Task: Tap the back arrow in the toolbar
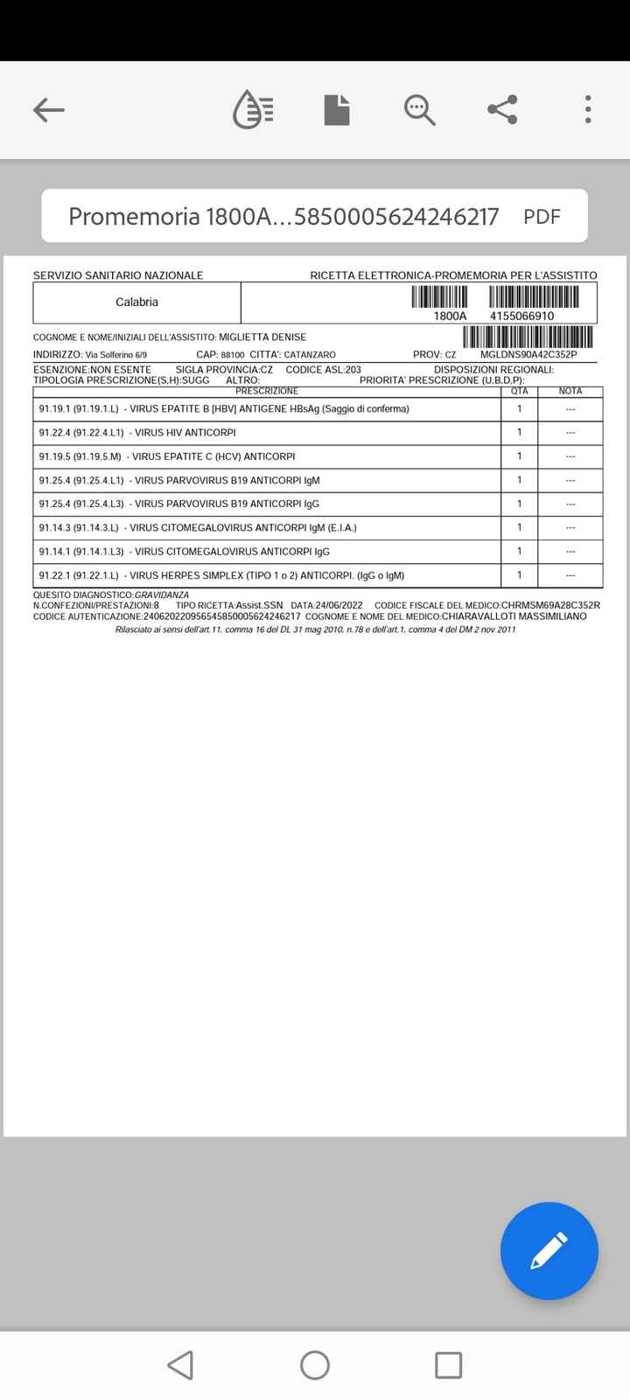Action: click(x=49, y=110)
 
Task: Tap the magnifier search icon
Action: click(x=420, y=110)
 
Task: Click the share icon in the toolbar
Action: click(x=502, y=110)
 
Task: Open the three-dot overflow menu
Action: click(x=588, y=110)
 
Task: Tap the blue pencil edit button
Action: click(x=549, y=1250)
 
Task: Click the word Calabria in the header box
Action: click(x=136, y=303)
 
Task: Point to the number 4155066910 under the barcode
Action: click(x=521, y=316)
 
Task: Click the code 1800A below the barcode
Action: click(x=450, y=316)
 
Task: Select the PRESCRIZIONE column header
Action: click(x=267, y=391)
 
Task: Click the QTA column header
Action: click(x=520, y=391)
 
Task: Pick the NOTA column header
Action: click(x=570, y=391)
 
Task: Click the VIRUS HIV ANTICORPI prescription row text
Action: click(x=185, y=433)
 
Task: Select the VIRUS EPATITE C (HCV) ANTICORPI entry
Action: click(x=213, y=456)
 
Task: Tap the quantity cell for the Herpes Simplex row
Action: click(x=520, y=575)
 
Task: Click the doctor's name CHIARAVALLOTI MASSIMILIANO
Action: click(x=514, y=616)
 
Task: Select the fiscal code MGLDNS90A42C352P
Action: click(x=528, y=355)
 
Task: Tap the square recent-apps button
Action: click(x=448, y=1365)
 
